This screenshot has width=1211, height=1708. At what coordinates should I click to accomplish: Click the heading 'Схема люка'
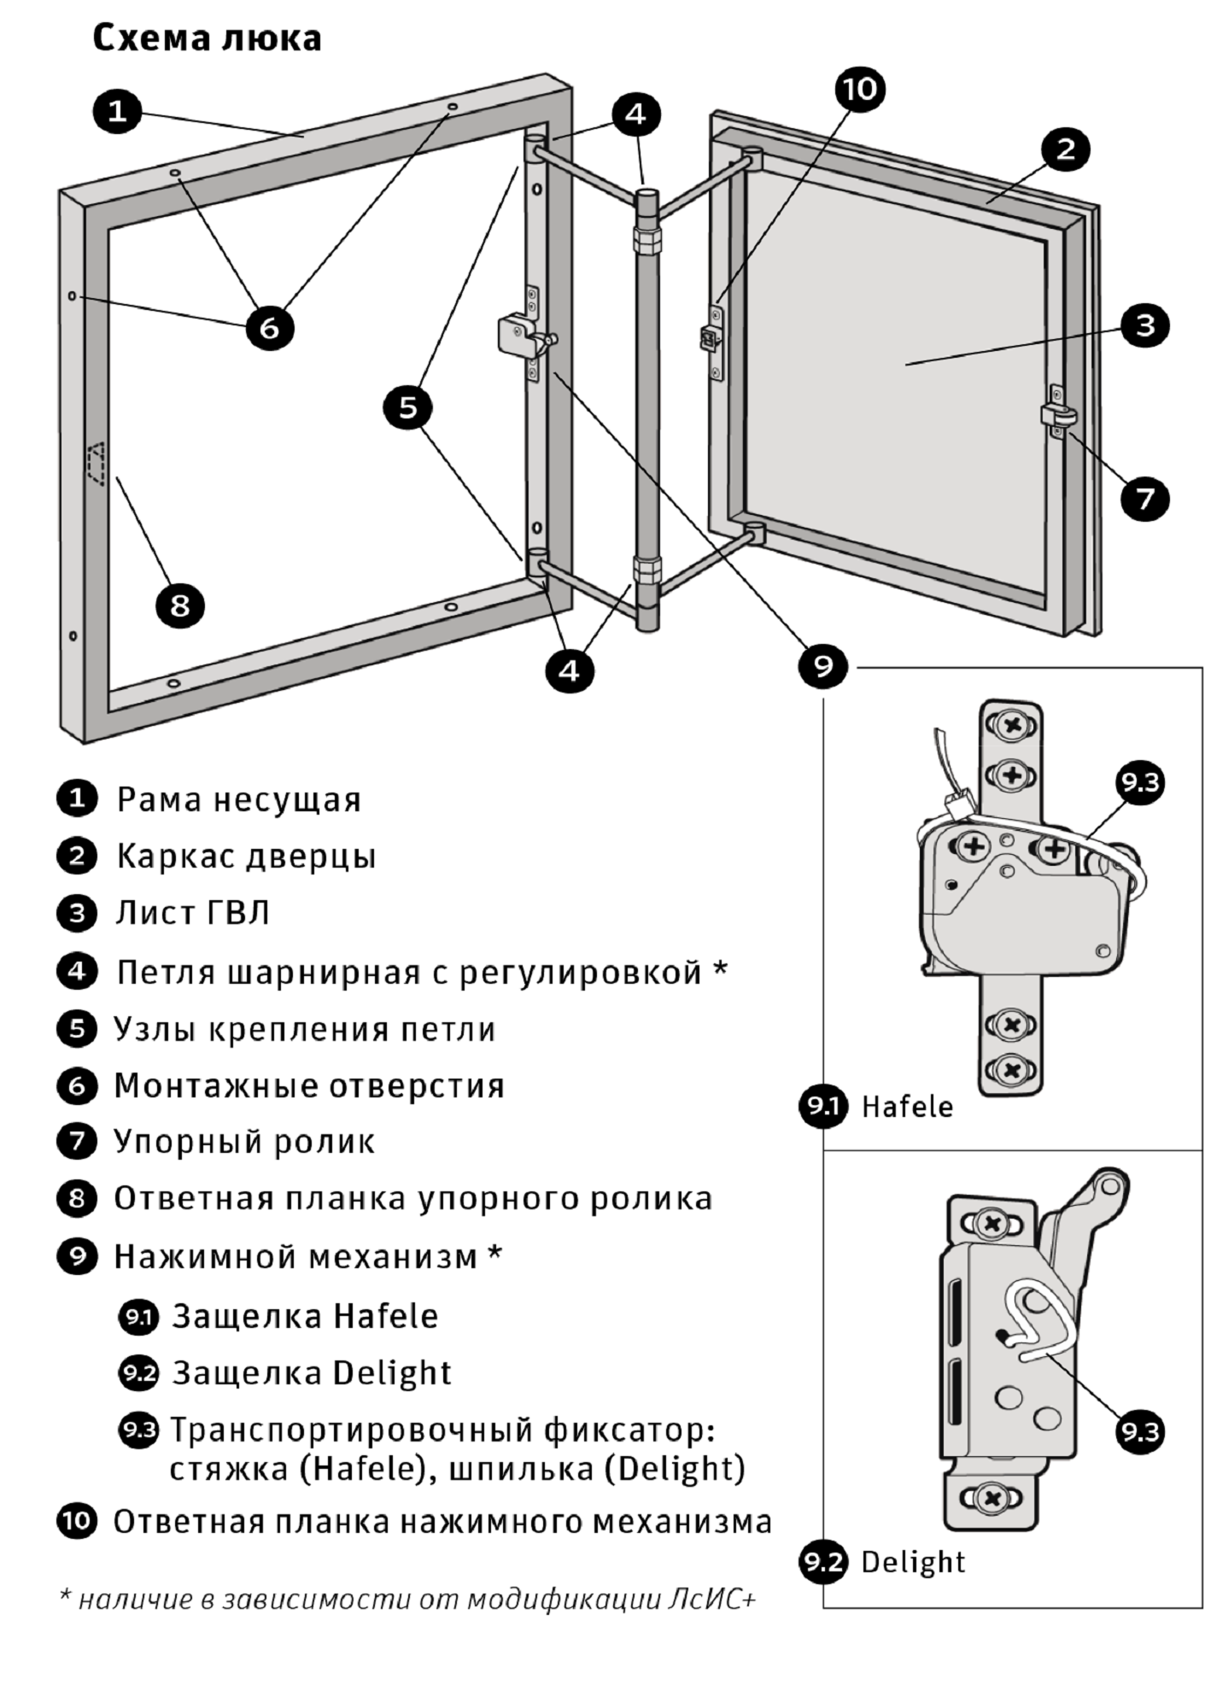[x=207, y=39]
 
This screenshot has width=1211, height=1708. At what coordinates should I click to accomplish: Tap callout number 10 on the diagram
[x=860, y=89]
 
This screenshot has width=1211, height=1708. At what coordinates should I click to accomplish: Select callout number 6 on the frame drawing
[x=269, y=328]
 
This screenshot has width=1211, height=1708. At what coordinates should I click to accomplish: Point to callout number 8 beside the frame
[x=179, y=605]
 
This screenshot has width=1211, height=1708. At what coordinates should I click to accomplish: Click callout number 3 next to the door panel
[x=1144, y=325]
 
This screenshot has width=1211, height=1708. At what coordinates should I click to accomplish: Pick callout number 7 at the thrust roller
[x=1144, y=498]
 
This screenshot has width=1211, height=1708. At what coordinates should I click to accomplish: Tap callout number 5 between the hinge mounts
[x=408, y=407]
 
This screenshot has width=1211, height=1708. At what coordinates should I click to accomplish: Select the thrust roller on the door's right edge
[x=1058, y=415]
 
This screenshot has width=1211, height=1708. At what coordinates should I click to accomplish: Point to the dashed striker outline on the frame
[x=96, y=464]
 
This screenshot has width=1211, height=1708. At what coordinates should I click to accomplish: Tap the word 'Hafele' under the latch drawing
[x=907, y=1107]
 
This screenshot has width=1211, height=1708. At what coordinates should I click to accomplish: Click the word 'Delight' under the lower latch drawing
[x=913, y=1562]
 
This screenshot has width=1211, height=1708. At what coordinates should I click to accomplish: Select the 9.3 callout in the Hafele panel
[x=1140, y=782]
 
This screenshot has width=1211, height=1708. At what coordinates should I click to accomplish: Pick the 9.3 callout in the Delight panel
[x=1140, y=1432]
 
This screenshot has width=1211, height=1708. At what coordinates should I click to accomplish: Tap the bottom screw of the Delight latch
[x=992, y=1497]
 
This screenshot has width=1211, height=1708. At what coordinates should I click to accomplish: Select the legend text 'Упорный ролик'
[x=244, y=1142]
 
